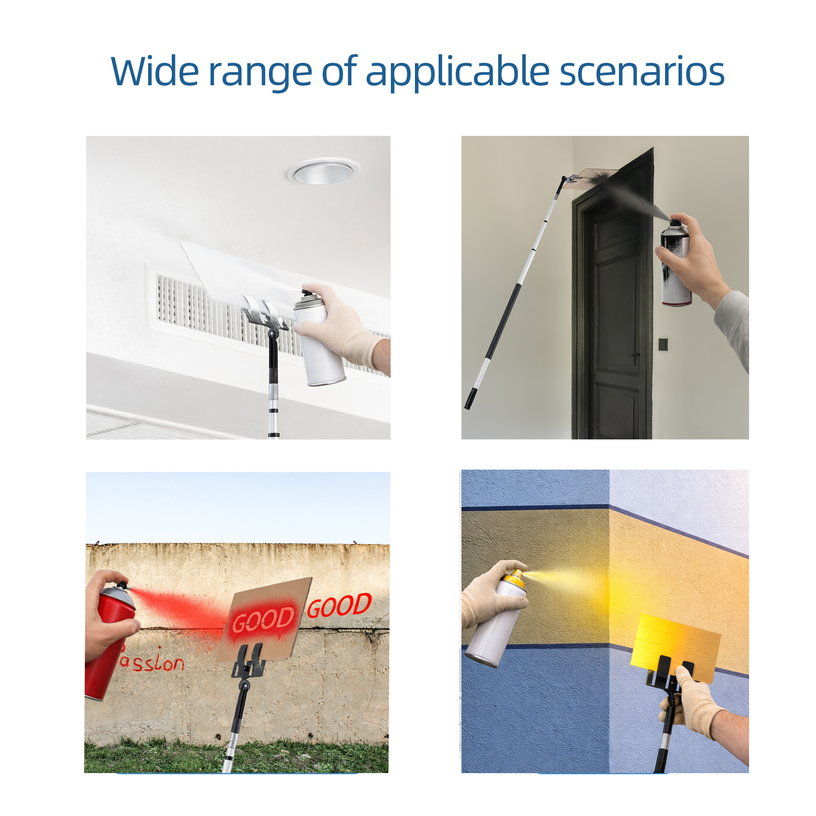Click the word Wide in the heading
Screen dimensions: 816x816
[155, 71]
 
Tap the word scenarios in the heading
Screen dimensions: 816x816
[642, 72]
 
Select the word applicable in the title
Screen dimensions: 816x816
[457, 72]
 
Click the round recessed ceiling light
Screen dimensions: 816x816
[324, 172]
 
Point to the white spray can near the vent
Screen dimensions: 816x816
[319, 337]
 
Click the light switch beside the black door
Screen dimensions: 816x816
[663, 344]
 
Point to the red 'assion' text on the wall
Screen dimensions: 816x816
[152, 663]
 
